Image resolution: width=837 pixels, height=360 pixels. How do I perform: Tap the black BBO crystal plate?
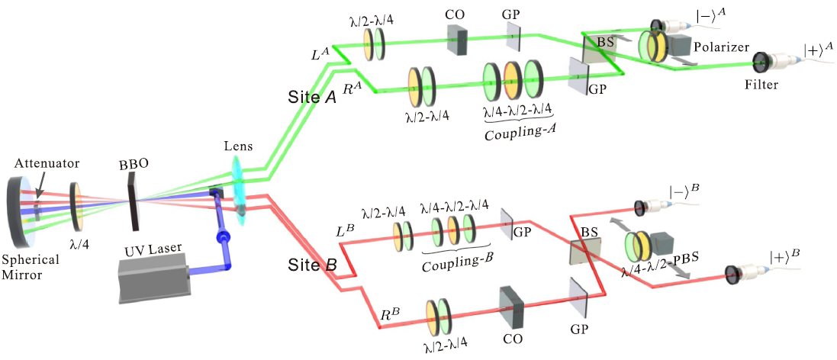[135, 197]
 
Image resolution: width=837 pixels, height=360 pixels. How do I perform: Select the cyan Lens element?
[239, 191]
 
